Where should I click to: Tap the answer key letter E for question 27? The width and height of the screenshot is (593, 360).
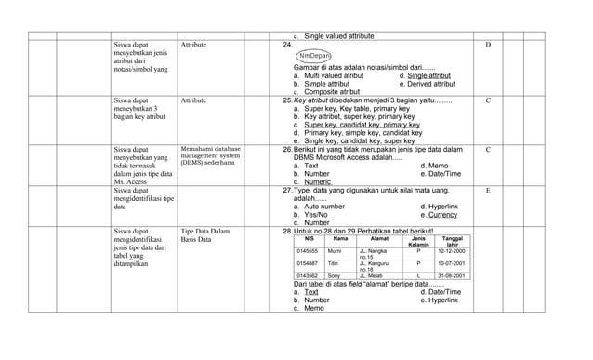click(489, 190)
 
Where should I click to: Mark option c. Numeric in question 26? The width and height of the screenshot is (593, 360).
click(312, 182)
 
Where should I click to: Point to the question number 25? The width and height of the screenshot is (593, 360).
click(287, 100)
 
